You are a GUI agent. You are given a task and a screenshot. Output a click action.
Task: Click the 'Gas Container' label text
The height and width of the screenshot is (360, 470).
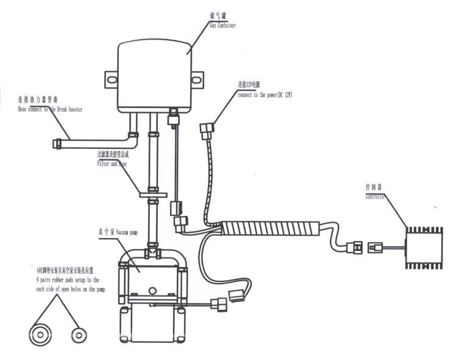tap(223, 26)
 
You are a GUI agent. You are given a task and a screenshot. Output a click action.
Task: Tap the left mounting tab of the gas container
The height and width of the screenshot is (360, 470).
tap(111, 79)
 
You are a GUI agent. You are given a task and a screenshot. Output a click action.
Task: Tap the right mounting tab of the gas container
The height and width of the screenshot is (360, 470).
tap(197, 79)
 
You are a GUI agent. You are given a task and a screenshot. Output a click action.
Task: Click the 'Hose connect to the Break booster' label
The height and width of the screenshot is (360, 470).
tap(50, 109)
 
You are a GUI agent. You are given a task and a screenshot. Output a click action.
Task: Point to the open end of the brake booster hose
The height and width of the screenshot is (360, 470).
tap(57, 143)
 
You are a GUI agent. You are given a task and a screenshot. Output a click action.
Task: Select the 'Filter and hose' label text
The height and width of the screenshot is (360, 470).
tap(113, 164)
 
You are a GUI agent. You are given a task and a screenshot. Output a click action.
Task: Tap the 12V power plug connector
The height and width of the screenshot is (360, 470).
tap(207, 130)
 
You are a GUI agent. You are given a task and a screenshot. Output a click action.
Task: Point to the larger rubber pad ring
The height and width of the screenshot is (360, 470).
tap(41, 334)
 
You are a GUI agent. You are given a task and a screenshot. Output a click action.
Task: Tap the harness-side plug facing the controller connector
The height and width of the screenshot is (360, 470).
tap(354, 248)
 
